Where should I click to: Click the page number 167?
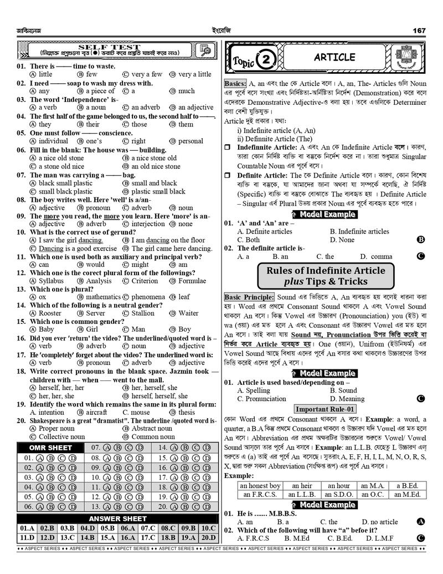(x=419, y=31)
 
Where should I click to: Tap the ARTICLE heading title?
(x=334, y=57)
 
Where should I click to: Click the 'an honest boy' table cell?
(x=260, y=486)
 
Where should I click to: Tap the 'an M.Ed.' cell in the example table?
(x=406, y=494)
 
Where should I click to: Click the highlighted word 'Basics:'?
(x=235, y=83)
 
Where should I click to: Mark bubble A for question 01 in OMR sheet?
(x=40, y=459)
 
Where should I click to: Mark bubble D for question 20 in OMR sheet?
(x=207, y=507)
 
